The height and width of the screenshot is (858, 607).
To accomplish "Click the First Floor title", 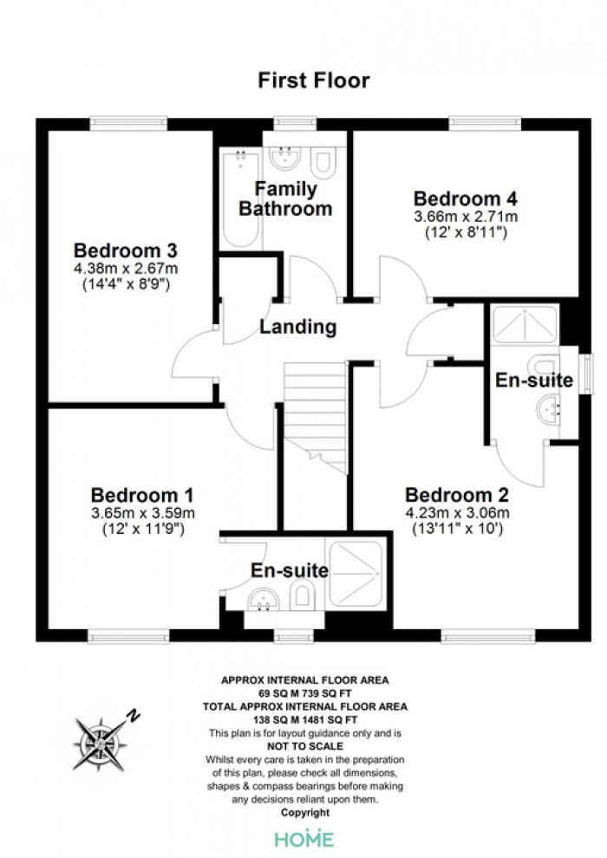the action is point(314,81).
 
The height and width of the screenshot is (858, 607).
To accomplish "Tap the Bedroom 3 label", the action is point(126,250).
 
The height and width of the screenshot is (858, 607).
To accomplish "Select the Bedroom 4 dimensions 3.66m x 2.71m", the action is point(466,217).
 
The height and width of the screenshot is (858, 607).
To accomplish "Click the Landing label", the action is point(297,327).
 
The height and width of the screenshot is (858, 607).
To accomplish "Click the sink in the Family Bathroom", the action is point(284,158).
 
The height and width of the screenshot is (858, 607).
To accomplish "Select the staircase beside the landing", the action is point(316,417).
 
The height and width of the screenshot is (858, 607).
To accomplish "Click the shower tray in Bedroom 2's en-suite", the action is point(525,325).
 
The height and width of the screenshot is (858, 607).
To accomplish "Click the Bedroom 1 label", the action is point(142,495).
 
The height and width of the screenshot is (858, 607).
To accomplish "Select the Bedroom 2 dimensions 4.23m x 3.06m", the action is point(457,513).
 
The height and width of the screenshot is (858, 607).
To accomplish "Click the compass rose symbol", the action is point(101,744).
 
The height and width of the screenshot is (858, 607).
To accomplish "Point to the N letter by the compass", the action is point(133,715).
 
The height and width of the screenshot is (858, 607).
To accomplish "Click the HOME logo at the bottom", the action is point(303,839).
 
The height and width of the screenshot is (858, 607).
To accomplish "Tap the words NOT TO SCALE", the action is point(305,746).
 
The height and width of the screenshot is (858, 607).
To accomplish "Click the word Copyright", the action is point(305,813).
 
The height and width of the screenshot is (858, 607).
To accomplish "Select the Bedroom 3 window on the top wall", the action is point(128,124).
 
